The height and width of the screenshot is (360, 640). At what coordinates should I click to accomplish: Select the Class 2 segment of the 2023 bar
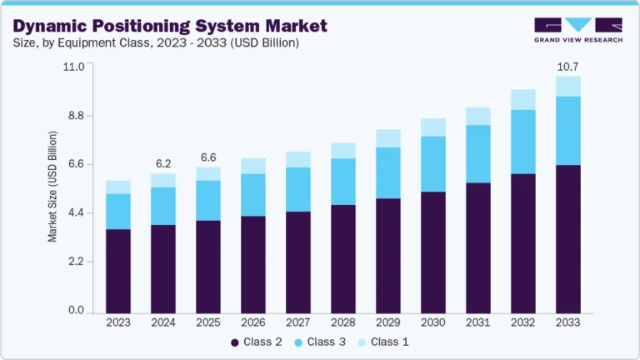(x=118, y=271)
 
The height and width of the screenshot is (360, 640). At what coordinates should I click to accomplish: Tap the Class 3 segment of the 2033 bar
(x=567, y=131)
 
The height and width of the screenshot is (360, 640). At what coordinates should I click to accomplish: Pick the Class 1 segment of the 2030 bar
(x=432, y=127)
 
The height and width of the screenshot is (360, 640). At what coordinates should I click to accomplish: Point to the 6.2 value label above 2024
(x=163, y=162)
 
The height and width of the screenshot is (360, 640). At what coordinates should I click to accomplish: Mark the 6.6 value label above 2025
(x=208, y=157)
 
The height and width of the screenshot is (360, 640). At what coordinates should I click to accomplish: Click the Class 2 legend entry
(x=258, y=342)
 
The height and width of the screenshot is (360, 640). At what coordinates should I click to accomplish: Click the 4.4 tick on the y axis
(x=76, y=213)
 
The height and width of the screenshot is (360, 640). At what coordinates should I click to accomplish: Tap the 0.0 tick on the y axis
(x=76, y=311)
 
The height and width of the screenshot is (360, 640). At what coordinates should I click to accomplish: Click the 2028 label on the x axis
(x=342, y=322)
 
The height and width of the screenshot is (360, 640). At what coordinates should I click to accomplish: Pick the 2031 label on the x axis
(x=477, y=322)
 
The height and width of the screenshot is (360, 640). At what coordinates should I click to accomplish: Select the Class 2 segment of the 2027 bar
(x=297, y=262)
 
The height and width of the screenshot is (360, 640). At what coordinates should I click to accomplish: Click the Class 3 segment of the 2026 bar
(x=252, y=195)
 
